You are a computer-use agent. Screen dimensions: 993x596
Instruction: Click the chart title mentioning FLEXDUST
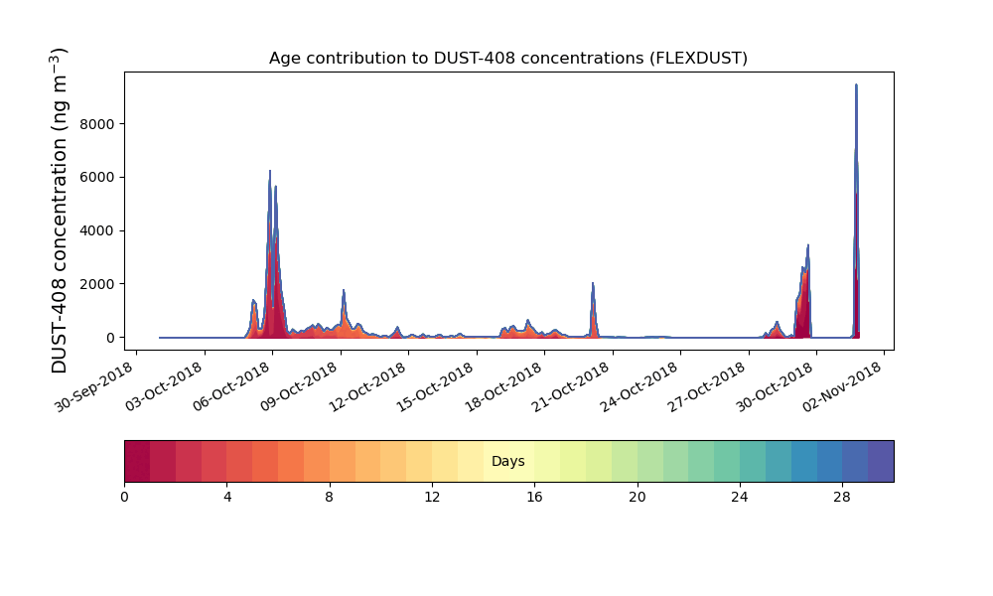[x=507, y=59]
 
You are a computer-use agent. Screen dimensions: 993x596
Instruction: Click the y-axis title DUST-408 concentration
[x=59, y=211]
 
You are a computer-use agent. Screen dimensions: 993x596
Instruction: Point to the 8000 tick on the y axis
[x=97, y=124]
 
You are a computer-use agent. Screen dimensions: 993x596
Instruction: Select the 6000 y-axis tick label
[x=97, y=178]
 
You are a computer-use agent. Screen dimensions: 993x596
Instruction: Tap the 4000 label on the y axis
[x=97, y=230]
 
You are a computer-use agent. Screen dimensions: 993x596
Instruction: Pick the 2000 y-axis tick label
[x=97, y=284]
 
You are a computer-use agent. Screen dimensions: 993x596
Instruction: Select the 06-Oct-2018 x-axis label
[x=231, y=386]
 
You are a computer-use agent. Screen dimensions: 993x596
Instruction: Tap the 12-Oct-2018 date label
[x=368, y=386]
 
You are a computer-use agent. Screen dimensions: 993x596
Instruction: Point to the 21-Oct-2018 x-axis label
[x=572, y=386]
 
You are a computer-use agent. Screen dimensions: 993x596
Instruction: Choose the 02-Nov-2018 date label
[x=843, y=386]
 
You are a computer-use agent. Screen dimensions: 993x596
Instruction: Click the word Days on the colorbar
[x=507, y=461]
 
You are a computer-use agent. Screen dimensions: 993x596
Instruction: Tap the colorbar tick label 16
[x=534, y=498]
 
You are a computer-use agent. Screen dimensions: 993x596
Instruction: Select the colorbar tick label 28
[x=842, y=498]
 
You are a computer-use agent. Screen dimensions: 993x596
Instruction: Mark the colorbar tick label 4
[x=227, y=498]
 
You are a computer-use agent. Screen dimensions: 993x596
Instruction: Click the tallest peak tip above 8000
[x=856, y=84]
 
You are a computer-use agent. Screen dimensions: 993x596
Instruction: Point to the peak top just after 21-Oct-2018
[x=593, y=283]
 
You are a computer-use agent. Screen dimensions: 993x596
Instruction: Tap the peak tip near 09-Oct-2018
[x=344, y=290]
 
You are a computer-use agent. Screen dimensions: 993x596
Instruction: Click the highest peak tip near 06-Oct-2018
[x=270, y=171]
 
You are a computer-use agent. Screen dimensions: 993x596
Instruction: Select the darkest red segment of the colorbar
[x=137, y=461]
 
